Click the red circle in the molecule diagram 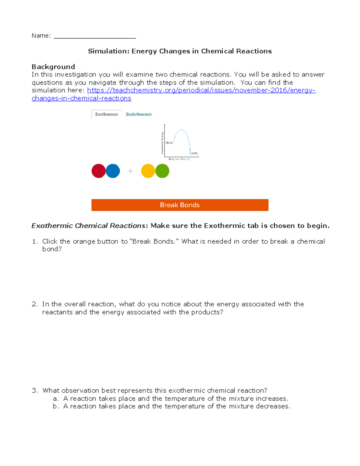click(98, 171)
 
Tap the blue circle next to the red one click(113, 171)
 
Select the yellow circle click(148, 171)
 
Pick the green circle click(163, 171)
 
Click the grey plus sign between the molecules click(130, 171)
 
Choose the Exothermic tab click(106, 114)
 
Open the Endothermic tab click(139, 114)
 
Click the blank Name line click(95, 36)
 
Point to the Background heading click(53, 67)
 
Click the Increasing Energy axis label click(162, 143)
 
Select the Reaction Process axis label click(179, 159)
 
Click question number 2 click(34, 304)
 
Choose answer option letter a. click(55, 399)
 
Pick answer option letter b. click(55, 406)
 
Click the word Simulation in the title click(108, 51)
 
